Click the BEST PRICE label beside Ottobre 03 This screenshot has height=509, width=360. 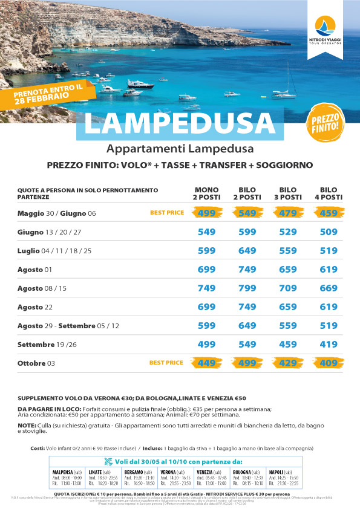(166, 363)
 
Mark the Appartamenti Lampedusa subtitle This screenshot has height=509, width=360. (180, 149)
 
